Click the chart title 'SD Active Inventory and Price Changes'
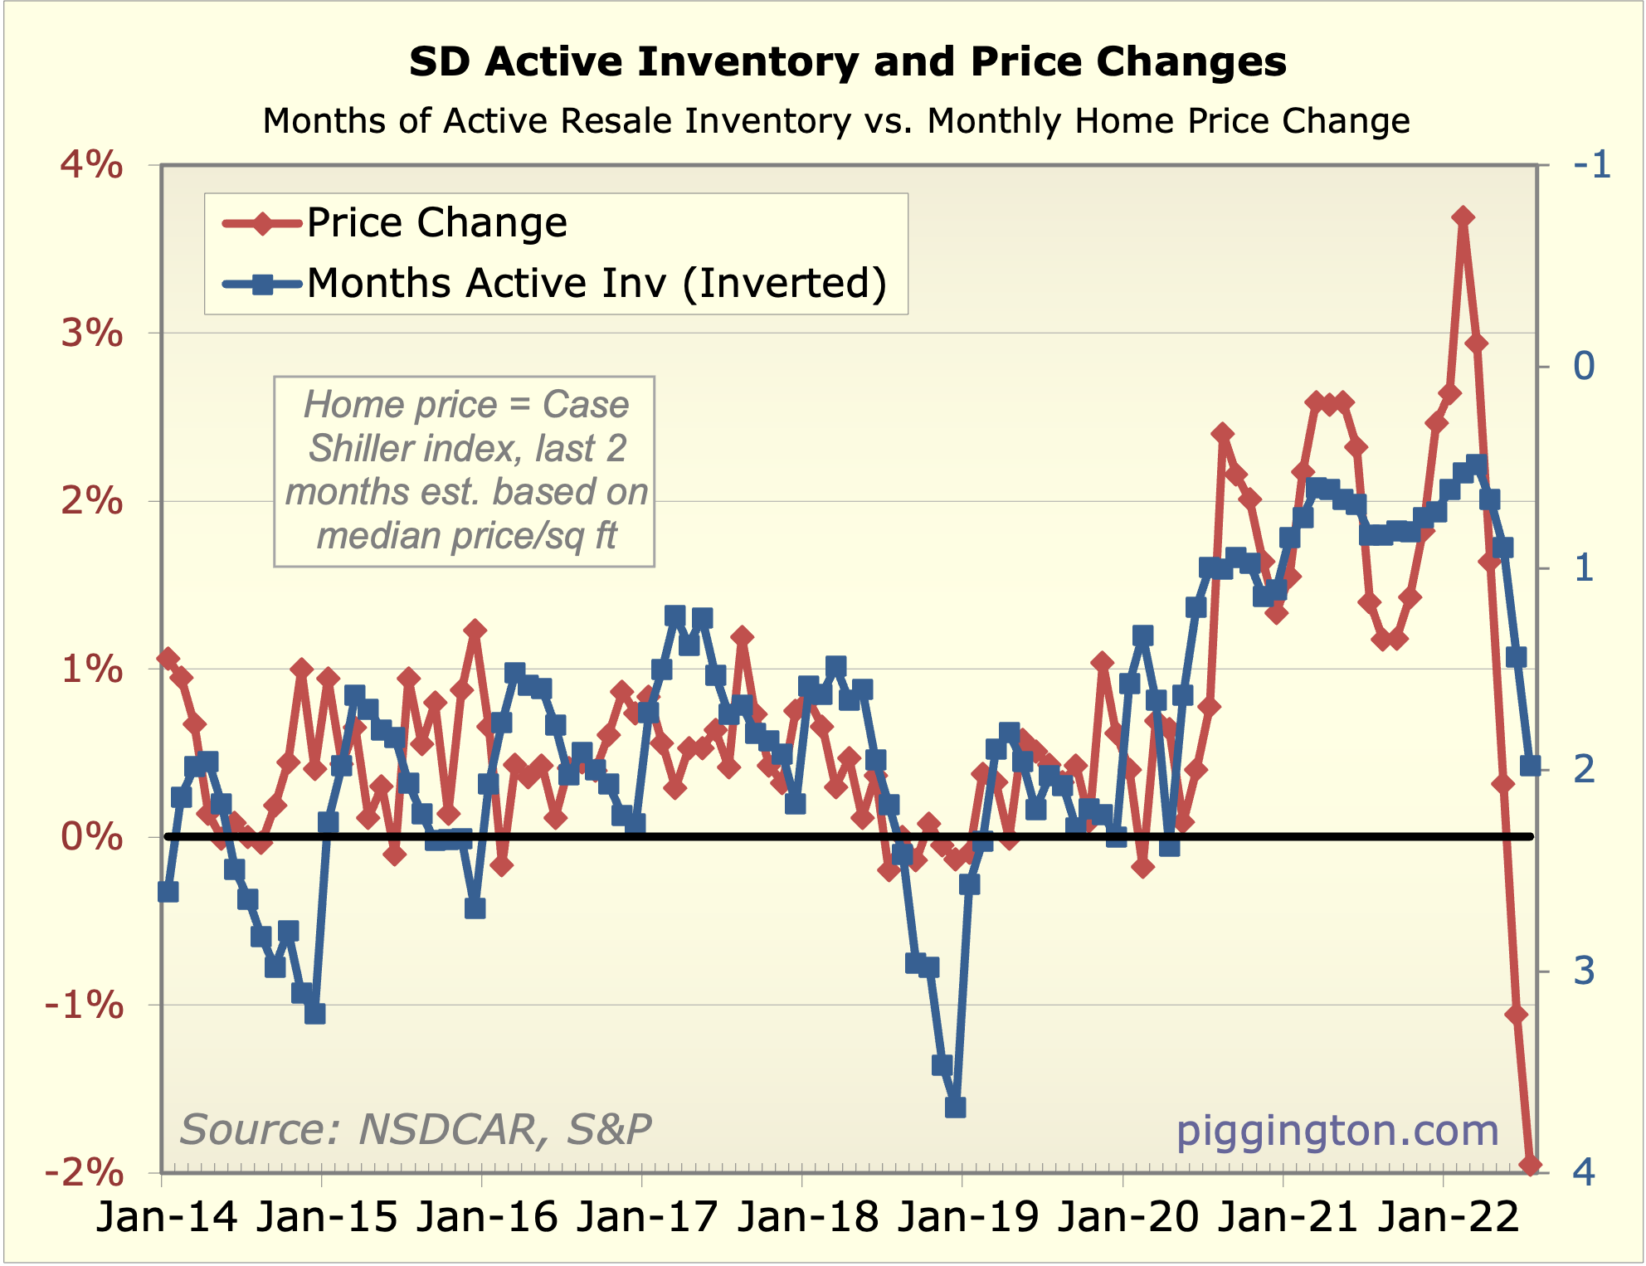click(x=847, y=62)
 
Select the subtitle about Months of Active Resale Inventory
click(x=835, y=121)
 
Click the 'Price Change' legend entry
click(x=436, y=222)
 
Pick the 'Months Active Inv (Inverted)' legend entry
click(x=596, y=283)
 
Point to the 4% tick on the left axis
click(x=91, y=165)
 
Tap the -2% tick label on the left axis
click(x=84, y=1172)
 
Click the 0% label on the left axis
click(x=91, y=836)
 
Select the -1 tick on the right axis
click(x=1591, y=165)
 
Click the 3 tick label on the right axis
click(x=1584, y=971)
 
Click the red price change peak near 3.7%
click(x=1463, y=217)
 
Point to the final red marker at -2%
click(x=1530, y=1165)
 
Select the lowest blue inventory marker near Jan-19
click(x=955, y=1108)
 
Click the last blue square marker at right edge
click(x=1530, y=766)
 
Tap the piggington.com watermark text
click(x=1337, y=1130)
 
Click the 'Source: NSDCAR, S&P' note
click(x=416, y=1130)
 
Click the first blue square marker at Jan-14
click(x=168, y=892)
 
